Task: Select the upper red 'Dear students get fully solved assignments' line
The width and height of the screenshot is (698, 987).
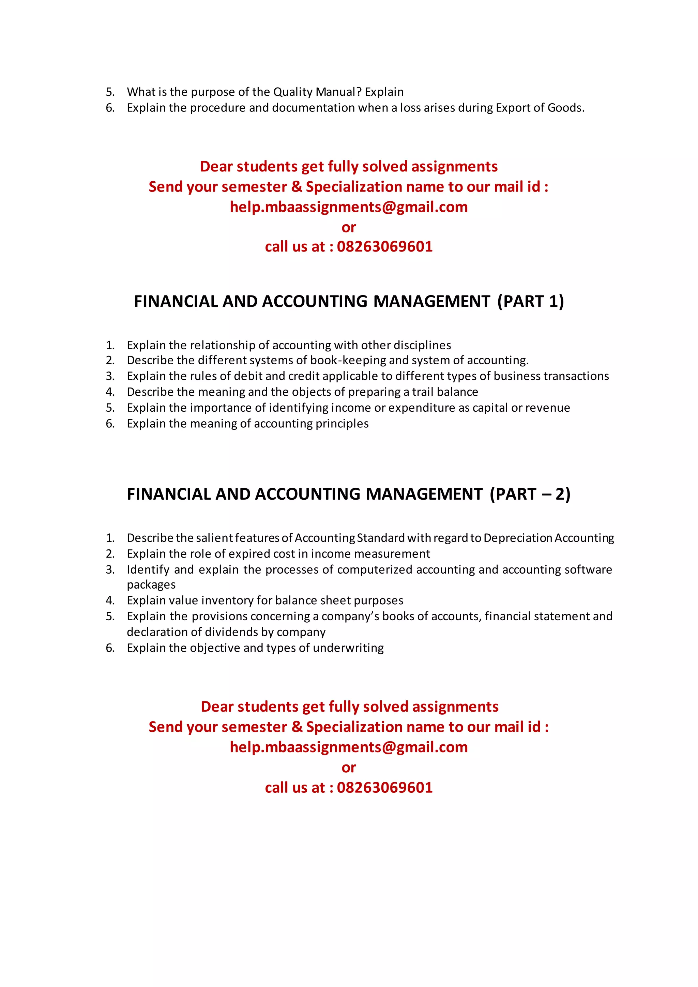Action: tap(349, 166)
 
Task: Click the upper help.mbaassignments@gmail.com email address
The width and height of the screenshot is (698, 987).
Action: tap(349, 207)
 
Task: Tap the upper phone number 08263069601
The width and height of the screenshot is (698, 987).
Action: tap(385, 246)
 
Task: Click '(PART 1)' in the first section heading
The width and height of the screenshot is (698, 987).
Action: tap(530, 301)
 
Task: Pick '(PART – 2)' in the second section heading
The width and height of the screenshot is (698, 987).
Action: tap(530, 494)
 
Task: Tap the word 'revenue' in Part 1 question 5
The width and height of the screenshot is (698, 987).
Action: tap(548, 408)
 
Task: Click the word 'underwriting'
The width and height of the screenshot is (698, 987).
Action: tap(348, 648)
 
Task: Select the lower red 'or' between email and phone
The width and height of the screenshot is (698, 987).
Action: tap(349, 767)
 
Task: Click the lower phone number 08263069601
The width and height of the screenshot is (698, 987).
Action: tap(385, 788)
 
